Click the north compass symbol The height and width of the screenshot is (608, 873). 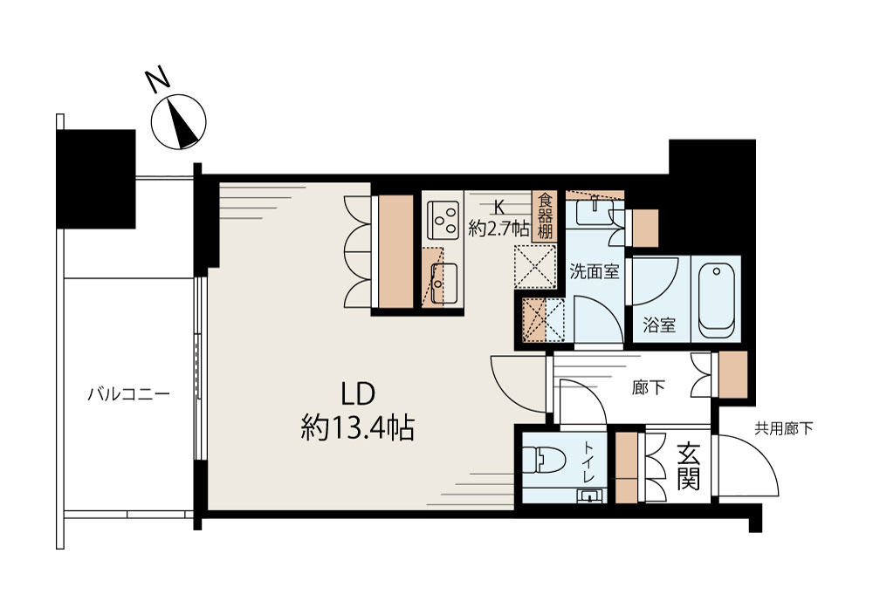[x=179, y=122]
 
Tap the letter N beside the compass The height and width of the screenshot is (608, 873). [x=158, y=79]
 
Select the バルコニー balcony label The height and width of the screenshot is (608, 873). [x=128, y=395]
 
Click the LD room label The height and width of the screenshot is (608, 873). [x=358, y=394]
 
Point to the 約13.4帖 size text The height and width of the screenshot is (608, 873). [x=357, y=429]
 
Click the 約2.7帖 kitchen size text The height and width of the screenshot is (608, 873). [x=498, y=229]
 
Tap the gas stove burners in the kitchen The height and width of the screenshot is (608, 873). [x=443, y=217]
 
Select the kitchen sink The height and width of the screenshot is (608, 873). [x=443, y=284]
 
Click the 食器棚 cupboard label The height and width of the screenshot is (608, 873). [x=545, y=216]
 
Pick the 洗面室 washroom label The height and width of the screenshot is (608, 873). [x=594, y=271]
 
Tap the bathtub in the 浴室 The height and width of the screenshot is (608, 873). [x=716, y=301]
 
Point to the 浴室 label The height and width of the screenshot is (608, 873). [x=659, y=325]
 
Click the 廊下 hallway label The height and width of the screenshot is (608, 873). [x=649, y=387]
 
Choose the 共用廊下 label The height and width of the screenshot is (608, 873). [x=783, y=428]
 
